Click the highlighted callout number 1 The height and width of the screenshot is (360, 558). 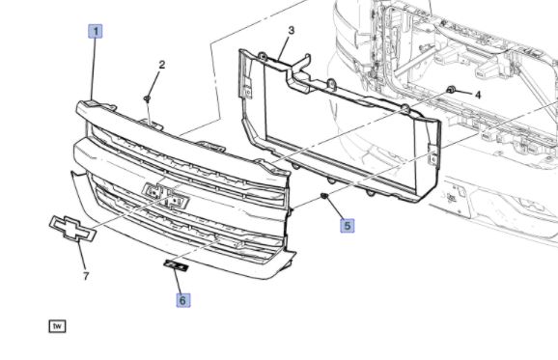(x=96, y=31)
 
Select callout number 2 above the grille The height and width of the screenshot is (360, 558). (x=162, y=65)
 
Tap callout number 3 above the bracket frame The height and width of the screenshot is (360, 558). (x=292, y=30)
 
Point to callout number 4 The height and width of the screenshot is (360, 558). (x=478, y=95)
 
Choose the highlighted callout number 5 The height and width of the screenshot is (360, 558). (x=347, y=226)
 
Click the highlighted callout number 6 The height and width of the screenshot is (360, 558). (x=182, y=300)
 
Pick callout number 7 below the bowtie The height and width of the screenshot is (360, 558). (x=86, y=276)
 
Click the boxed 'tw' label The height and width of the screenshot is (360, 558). (x=57, y=326)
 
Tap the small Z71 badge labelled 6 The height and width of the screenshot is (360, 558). (x=176, y=265)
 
